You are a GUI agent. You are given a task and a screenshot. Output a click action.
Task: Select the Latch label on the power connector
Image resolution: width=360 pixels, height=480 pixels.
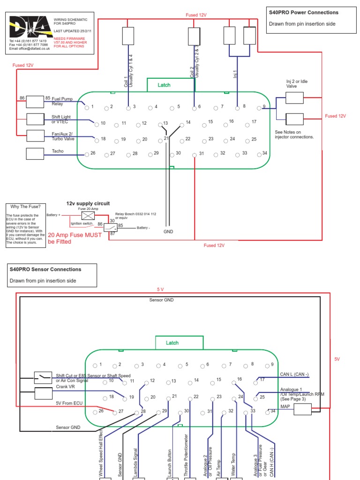coord(164,85)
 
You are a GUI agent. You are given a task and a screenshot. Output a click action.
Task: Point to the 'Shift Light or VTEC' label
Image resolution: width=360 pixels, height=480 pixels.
coord(61,119)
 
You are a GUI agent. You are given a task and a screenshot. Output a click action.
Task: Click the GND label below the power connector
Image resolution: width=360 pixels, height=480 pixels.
coord(168,232)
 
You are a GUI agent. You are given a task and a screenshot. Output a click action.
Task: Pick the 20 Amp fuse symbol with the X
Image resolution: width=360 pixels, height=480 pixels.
coord(88,215)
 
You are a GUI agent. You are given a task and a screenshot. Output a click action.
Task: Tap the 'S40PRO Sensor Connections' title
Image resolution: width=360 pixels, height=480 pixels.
coord(45,270)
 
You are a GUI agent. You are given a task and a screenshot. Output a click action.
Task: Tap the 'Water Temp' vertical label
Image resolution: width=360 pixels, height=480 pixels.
coord(233,464)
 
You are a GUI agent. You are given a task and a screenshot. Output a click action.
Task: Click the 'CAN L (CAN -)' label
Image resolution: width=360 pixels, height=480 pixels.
coord(294,374)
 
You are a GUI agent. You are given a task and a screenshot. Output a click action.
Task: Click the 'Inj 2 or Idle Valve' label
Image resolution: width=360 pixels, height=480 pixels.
coord(297,84)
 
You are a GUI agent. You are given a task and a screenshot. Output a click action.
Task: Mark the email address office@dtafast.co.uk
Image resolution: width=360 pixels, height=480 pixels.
coord(30,48)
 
